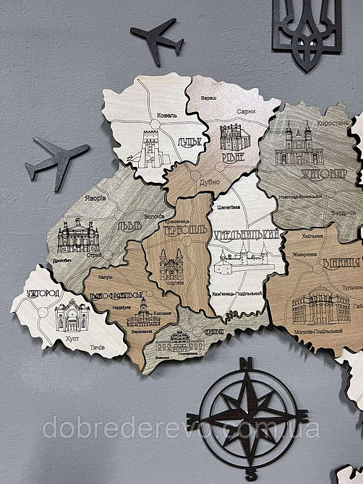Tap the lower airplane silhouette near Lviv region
coord(56,158)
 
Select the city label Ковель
coord(164,116)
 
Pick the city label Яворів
coord(95,197)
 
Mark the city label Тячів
coord(97,347)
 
